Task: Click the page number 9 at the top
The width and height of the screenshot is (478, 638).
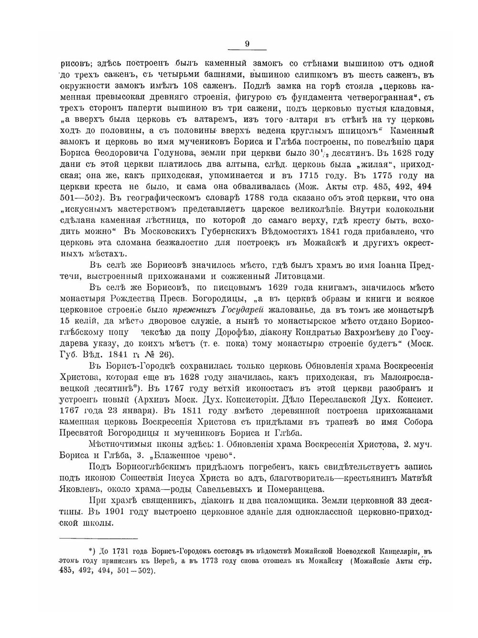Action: [x=247, y=44]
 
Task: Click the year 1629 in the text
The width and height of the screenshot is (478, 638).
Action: [x=269, y=287]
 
